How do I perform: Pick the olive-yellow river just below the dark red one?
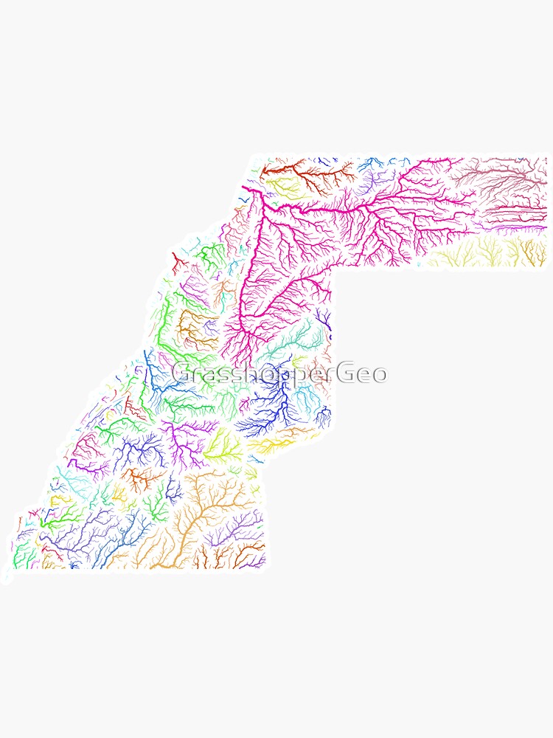pos(284,184)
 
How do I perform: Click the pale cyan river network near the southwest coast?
pos(74,483)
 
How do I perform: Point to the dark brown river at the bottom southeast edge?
pos(251,550)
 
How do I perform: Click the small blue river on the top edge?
pos(369,164)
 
